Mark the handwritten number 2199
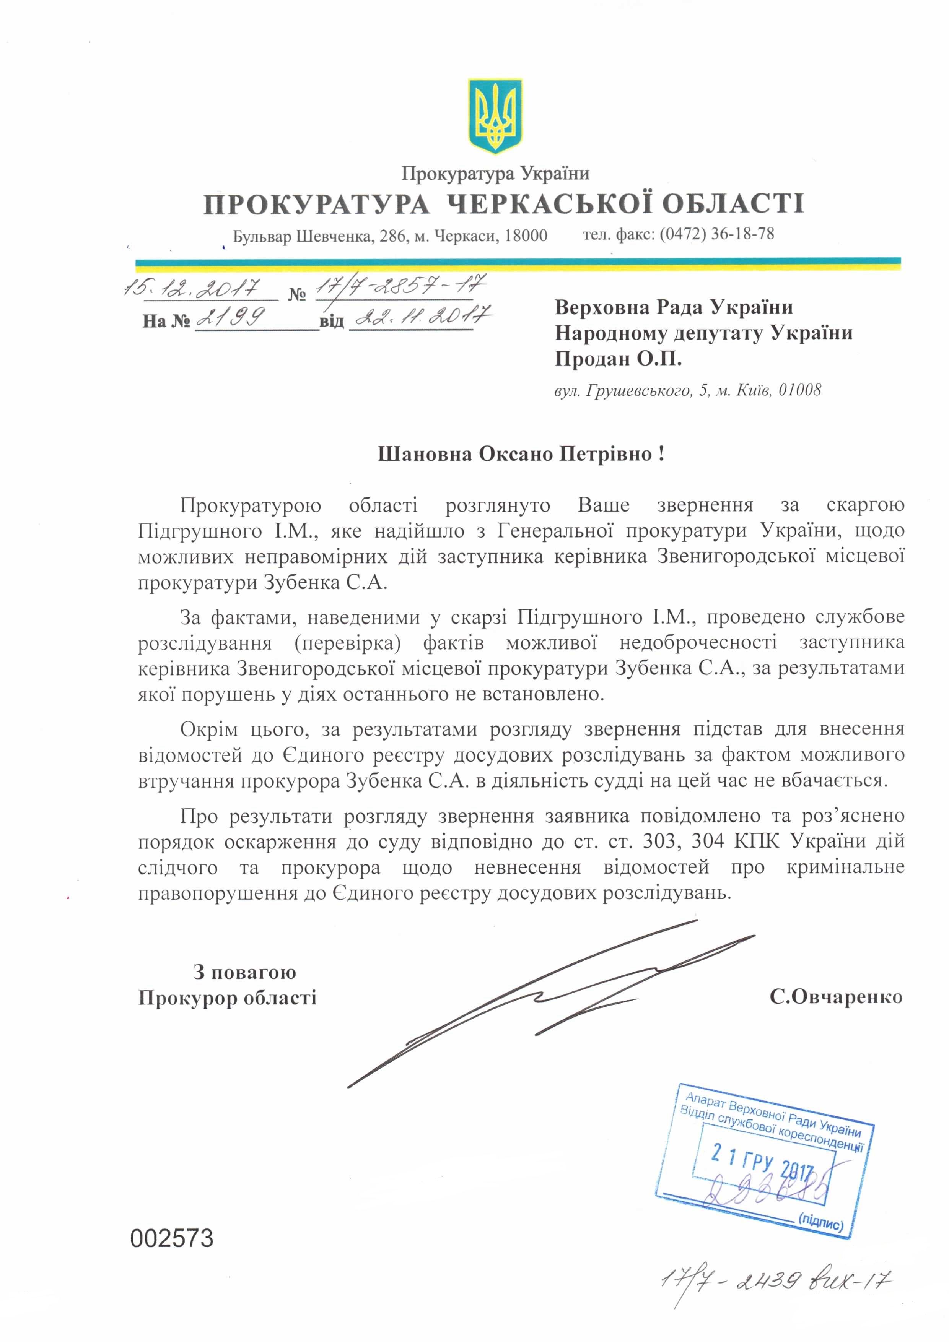231,317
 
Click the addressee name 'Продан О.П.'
618,358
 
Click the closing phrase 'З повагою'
245,972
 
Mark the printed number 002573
172,1238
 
